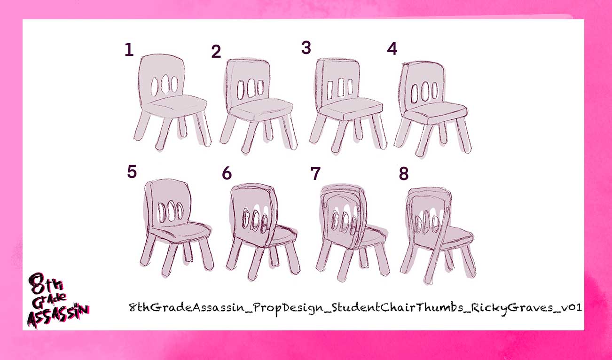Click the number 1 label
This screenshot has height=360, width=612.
tap(129, 50)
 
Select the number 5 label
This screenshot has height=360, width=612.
tap(132, 172)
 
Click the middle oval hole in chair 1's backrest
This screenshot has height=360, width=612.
tap(165, 84)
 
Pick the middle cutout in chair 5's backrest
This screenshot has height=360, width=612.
tap(171, 211)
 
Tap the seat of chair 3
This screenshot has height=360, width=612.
tap(351, 108)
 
